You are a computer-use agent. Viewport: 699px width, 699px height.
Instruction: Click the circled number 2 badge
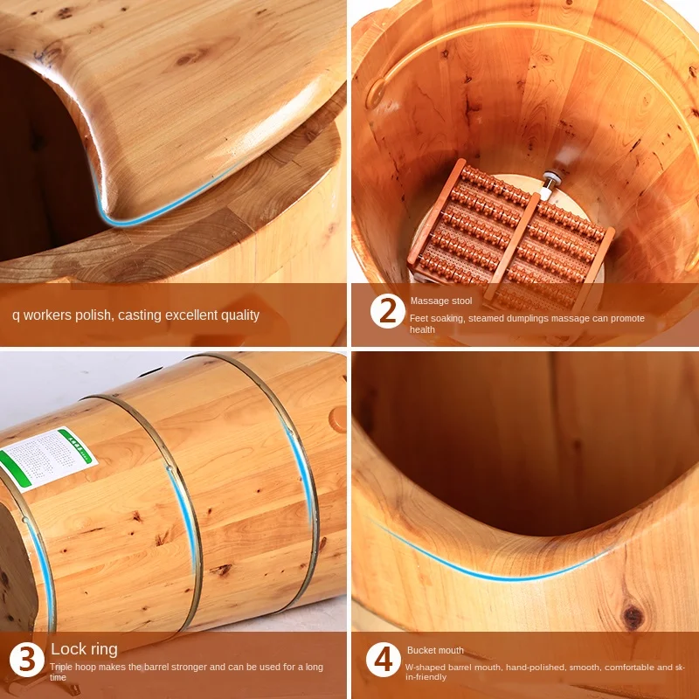click(387, 311)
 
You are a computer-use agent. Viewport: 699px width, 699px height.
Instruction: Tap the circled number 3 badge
click(27, 660)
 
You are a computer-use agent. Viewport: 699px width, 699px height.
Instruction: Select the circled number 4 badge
click(383, 661)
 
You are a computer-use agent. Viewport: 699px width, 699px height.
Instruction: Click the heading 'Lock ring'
click(84, 649)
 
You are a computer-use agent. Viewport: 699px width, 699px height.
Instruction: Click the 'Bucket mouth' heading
click(435, 650)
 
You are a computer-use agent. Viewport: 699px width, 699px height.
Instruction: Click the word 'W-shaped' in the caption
click(426, 667)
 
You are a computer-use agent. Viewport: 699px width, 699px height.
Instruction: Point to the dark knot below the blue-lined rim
click(633, 617)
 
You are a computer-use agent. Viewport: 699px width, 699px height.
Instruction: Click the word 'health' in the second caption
click(422, 329)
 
